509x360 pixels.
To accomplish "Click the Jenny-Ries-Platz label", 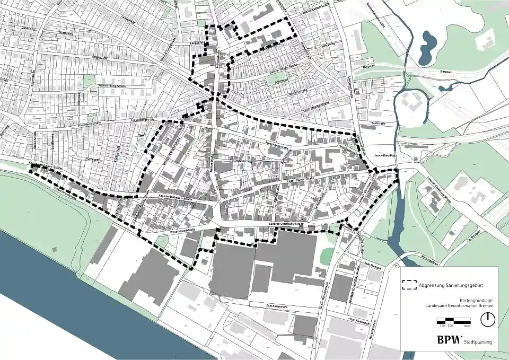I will click(x=385, y=156).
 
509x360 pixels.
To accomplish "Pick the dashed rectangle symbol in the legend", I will click(x=409, y=285).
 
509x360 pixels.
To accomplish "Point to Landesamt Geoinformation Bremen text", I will click(x=459, y=306).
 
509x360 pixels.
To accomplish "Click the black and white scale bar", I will click(x=453, y=321).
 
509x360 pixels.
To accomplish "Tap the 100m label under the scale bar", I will click(x=467, y=327).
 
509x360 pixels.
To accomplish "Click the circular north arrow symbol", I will click(x=487, y=319).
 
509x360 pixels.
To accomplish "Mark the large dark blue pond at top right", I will click(x=428, y=39).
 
